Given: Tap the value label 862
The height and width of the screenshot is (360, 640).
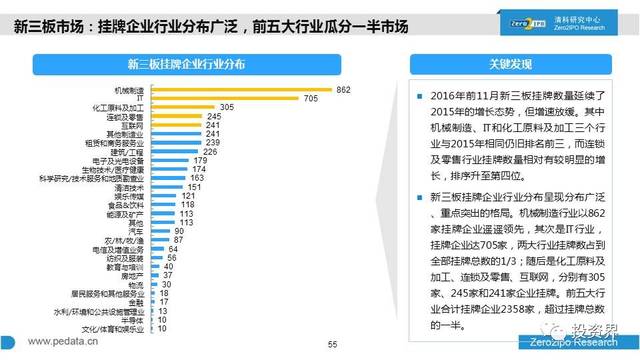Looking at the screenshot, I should (x=343, y=90).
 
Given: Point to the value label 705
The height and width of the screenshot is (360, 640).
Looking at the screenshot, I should (x=312, y=98).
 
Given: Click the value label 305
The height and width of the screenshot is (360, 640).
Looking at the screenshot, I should (x=226, y=107).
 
